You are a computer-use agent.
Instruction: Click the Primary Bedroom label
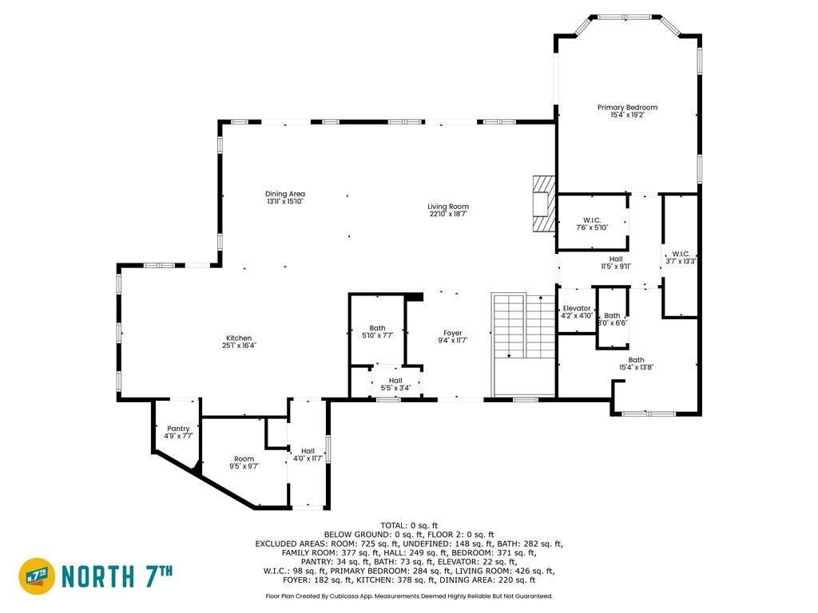[627, 108]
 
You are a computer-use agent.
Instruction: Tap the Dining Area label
[285, 194]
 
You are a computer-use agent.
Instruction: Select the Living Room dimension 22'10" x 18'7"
[448, 214]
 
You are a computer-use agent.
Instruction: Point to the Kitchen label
[239, 338]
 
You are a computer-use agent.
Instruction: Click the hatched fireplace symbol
[543, 204]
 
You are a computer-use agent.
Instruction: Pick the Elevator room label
[577, 308]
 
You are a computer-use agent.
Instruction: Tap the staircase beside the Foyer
[523, 344]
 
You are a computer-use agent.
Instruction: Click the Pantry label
[178, 429]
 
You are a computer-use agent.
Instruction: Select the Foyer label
[452, 333]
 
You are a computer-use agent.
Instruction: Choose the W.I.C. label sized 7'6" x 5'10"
[592, 220]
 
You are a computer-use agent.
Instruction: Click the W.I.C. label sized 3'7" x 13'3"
[681, 254]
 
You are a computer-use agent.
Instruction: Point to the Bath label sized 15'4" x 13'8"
[636, 360]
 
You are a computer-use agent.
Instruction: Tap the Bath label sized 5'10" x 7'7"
[377, 328]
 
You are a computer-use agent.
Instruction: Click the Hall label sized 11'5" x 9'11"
[616, 259]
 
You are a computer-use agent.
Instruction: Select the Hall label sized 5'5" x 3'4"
[395, 381]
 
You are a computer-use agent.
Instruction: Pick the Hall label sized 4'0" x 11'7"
[308, 451]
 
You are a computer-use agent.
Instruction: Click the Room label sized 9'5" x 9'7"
[244, 459]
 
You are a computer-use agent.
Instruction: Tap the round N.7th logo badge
[37, 576]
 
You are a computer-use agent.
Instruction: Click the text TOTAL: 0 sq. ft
[409, 525]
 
